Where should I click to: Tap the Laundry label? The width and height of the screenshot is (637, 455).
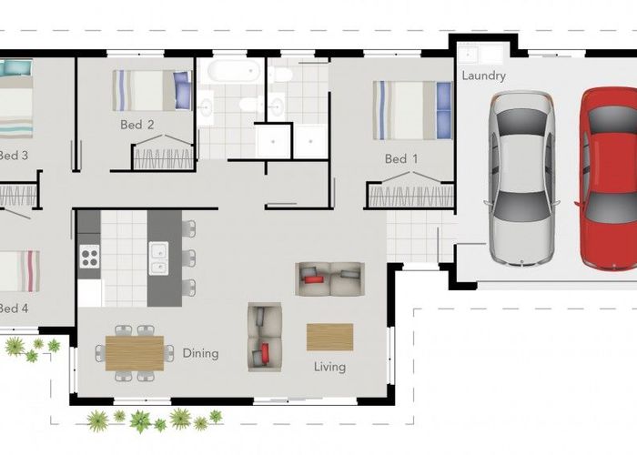[x=483, y=76]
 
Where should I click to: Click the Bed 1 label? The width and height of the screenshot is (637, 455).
[x=401, y=159]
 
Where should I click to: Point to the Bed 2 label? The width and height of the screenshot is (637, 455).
[x=136, y=125]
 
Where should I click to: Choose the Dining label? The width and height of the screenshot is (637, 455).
[x=200, y=353]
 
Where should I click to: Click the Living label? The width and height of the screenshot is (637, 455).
[x=329, y=367]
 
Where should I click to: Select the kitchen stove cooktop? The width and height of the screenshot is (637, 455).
[x=89, y=257]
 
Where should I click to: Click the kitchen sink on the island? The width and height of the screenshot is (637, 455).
[x=158, y=258]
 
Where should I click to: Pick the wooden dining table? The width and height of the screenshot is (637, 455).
[x=135, y=352]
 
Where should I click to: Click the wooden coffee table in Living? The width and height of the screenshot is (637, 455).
[x=329, y=337]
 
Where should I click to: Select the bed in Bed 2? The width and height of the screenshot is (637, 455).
[x=151, y=90]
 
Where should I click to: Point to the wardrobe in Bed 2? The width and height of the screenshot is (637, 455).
[x=164, y=157]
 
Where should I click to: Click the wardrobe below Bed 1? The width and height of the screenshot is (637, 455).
[x=409, y=196]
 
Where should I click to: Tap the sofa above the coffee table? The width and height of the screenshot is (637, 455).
[x=329, y=278]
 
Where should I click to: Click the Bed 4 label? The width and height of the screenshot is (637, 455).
[x=14, y=308]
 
